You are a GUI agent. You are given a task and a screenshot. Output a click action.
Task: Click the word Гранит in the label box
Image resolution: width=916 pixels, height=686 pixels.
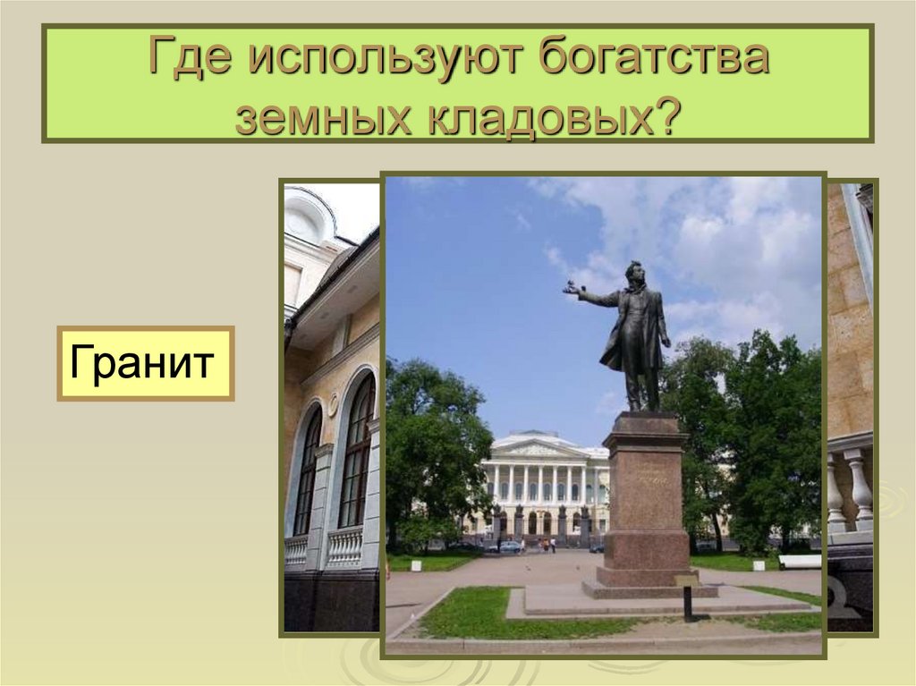145,363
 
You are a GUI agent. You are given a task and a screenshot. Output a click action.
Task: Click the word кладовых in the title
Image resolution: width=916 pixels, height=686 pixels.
530,115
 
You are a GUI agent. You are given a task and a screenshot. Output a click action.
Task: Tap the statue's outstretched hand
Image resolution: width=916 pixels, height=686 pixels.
570,288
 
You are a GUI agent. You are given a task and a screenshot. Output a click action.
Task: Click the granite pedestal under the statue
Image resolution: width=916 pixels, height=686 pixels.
646,501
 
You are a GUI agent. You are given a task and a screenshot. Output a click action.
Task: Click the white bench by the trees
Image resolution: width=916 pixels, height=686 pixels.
799,562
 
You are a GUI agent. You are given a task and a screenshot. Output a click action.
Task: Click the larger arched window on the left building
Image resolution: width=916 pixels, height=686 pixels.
357,452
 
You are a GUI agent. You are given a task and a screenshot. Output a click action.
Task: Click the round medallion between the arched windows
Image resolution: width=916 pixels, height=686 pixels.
332,405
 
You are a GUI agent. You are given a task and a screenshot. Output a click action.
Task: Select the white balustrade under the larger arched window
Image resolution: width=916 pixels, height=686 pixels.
345,546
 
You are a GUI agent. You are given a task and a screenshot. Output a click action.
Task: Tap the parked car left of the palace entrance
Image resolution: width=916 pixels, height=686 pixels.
510,546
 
